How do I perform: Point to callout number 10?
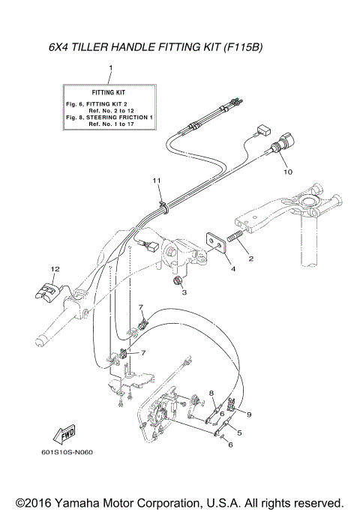pyautogui.click(x=286, y=172)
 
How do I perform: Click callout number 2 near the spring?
pyautogui.click(x=250, y=259)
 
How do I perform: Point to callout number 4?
pyautogui.click(x=232, y=268)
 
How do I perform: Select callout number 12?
pyautogui.click(x=54, y=268)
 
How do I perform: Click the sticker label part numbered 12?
pyautogui.click(x=49, y=289)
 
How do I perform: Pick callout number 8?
pyautogui.click(x=211, y=393)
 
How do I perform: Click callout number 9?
pyautogui.click(x=250, y=415)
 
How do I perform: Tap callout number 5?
pyautogui.click(x=239, y=433)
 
